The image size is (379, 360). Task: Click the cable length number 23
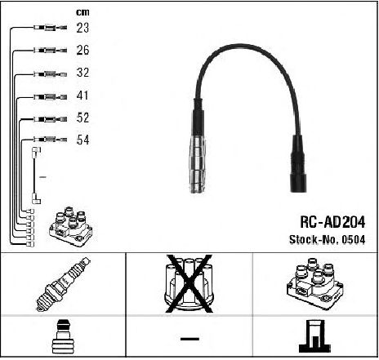point(82,28)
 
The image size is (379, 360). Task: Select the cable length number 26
point(82,50)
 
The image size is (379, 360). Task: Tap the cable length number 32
point(82,73)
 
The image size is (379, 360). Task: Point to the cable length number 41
point(82,96)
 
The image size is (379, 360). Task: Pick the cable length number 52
point(82,118)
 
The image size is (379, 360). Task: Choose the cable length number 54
point(82,140)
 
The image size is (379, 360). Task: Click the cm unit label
point(82,12)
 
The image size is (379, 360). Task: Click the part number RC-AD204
point(332,222)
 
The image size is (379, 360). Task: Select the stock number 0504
point(354,240)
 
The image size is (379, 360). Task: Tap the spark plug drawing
point(63,284)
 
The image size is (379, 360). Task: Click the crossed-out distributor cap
point(189,284)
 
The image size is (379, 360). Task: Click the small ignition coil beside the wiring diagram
point(71,227)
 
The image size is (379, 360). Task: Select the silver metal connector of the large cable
point(198,164)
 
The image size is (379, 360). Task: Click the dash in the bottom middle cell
point(189,339)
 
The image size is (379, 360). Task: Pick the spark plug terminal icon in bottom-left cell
point(63,337)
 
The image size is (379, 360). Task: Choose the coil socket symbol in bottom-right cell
point(314,336)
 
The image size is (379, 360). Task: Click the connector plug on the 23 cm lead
point(51,28)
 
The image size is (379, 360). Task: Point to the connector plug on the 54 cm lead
point(51,140)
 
